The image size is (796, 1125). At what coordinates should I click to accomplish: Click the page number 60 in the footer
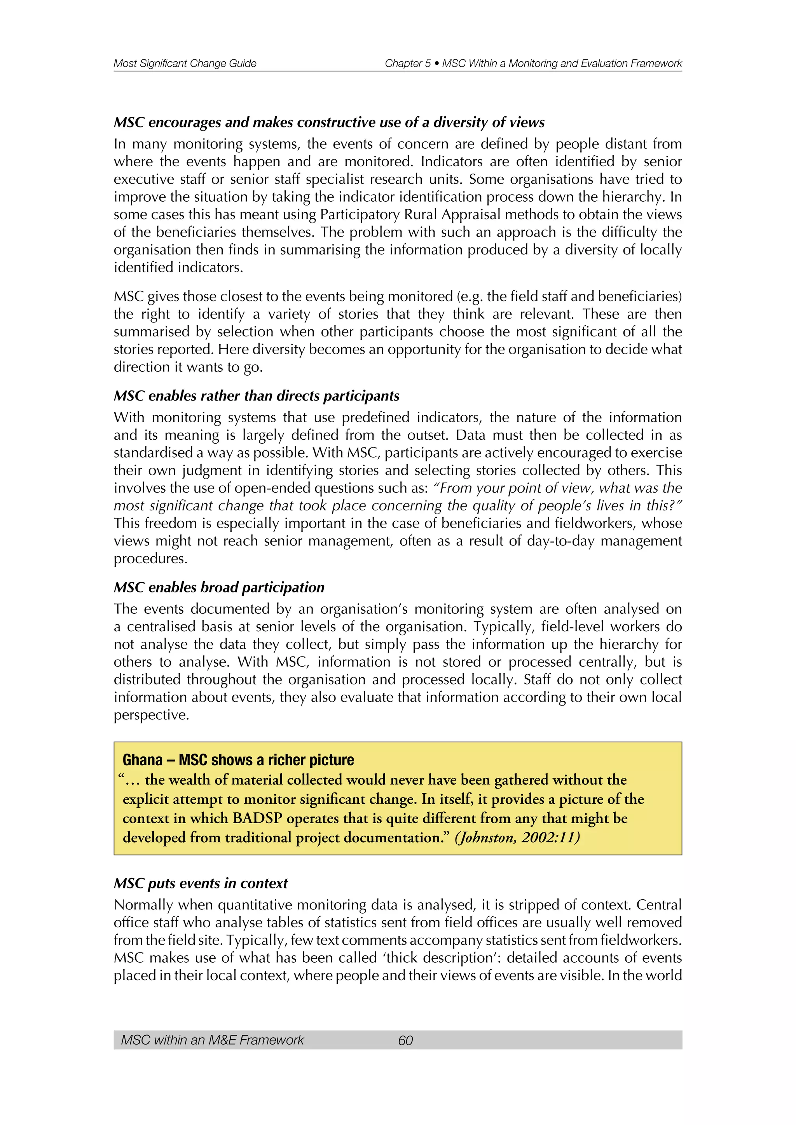pyautogui.click(x=405, y=1040)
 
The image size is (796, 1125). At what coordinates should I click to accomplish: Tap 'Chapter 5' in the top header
pyautogui.click(x=407, y=63)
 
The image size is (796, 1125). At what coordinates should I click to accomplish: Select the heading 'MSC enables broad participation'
pyautogui.click(x=219, y=587)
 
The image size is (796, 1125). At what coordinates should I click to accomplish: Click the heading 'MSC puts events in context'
pyautogui.click(x=201, y=883)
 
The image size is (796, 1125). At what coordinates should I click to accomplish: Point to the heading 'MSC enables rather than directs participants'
pyautogui.click(x=257, y=395)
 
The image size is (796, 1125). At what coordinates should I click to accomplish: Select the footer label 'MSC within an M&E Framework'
pyautogui.click(x=212, y=1040)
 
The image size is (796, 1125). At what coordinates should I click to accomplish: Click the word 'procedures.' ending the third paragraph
pyautogui.click(x=150, y=559)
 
